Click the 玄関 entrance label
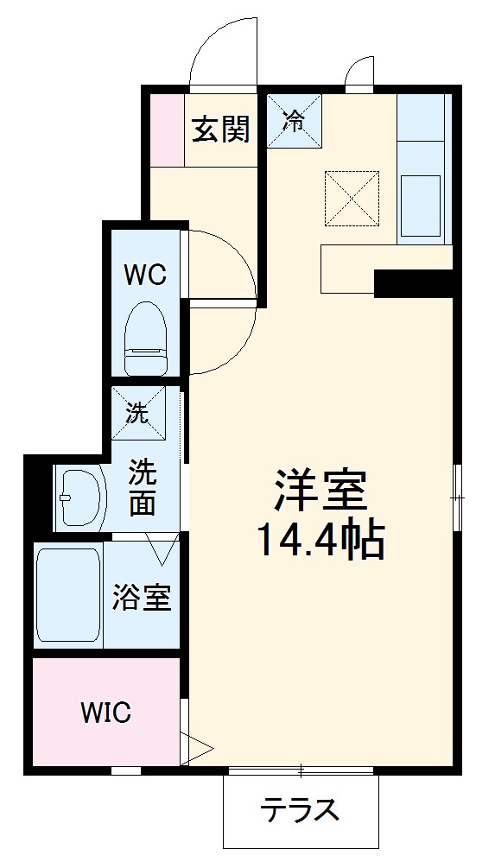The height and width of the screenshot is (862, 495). (x=221, y=129)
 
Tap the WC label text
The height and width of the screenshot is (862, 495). (x=145, y=275)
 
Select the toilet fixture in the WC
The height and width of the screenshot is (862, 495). (x=146, y=338)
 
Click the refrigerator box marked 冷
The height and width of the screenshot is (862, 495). (x=295, y=121)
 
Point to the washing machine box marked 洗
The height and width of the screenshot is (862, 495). (x=138, y=414)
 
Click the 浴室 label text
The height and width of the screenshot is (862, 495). (x=142, y=597)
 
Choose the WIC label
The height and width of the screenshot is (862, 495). (x=106, y=713)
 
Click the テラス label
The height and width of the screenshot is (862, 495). (x=300, y=810)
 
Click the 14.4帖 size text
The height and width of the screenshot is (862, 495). (x=320, y=541)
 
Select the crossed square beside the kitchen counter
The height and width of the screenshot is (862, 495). (x=352, y=199)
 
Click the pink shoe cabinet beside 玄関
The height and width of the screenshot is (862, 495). (x=168, y=130)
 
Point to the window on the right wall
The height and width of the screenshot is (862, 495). (x=457, y=498)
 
